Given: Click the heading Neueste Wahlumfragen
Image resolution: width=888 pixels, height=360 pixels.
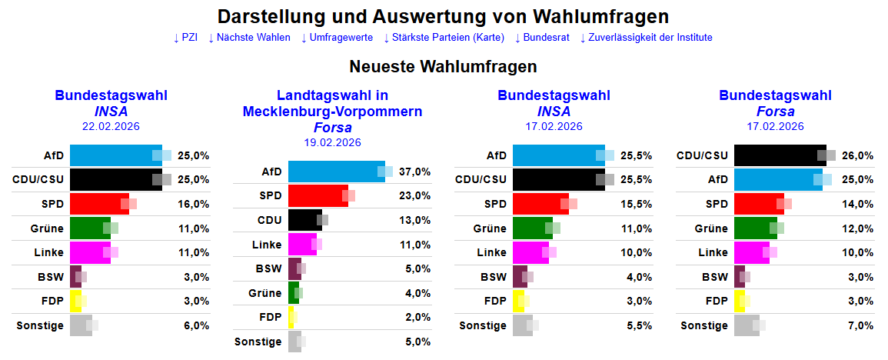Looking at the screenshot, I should [443, 67].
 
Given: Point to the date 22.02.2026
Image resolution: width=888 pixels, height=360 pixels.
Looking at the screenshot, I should [111, 126].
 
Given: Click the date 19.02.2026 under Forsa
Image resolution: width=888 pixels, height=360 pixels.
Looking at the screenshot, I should [332, 142].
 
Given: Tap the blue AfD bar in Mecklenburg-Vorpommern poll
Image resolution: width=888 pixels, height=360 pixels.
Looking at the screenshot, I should [335, 172].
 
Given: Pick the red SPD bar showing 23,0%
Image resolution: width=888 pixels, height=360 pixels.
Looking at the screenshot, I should [317, 195].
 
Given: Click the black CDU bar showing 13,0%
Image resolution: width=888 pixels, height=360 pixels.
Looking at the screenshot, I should [304, 220].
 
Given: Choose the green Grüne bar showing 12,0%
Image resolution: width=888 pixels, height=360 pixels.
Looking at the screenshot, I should [754, 228].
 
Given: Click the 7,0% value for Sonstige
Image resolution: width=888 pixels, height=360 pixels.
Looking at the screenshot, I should [860, 325].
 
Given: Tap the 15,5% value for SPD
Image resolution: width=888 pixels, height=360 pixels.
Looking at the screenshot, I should [637, 204].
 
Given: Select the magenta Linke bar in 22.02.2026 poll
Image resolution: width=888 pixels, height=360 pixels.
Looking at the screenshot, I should [89, 252].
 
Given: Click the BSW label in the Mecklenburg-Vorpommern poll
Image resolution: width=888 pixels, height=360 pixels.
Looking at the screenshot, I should [268, 269].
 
